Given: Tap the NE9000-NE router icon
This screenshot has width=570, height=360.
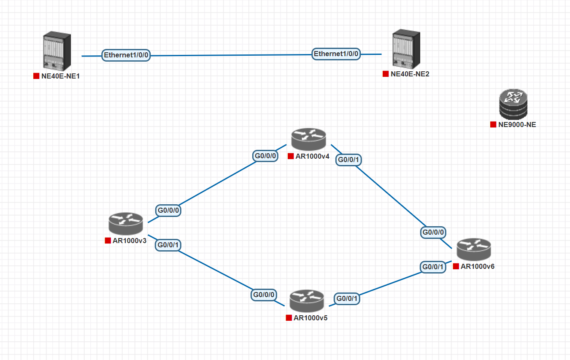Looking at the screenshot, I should click(513, 104).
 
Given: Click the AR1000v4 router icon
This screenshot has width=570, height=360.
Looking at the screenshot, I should click(308, 139).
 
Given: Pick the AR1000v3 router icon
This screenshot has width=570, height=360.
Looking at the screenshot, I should click(126, 224).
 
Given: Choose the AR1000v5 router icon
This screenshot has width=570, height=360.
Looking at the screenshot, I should click(307, 300).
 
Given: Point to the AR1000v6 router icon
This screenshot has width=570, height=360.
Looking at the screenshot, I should click(474, 249).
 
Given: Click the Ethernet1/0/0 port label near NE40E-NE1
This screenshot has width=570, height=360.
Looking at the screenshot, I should click(126, 55).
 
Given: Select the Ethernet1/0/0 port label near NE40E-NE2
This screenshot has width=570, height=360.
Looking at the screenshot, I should click(336, 54).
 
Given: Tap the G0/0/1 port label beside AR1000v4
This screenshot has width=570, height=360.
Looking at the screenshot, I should click(349, 160).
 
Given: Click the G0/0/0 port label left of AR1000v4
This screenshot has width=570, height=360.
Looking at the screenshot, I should click(265, 156).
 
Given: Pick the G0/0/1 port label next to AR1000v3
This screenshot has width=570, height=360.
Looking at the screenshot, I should click(169, 244).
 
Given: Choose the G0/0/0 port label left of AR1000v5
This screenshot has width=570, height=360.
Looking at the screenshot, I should click(264, 294).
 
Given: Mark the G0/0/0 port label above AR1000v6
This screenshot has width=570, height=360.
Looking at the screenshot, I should click(433, 232).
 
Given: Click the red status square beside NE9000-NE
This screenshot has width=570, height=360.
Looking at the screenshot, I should click(493, 125).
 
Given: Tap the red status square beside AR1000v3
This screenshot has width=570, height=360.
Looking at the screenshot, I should click(108, 241).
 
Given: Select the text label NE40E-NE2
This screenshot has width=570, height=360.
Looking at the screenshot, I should click(410, 74).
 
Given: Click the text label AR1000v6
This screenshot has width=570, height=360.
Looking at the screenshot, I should click(478, 266).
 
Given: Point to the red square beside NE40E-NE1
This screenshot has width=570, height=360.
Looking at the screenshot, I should click(36, 76).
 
